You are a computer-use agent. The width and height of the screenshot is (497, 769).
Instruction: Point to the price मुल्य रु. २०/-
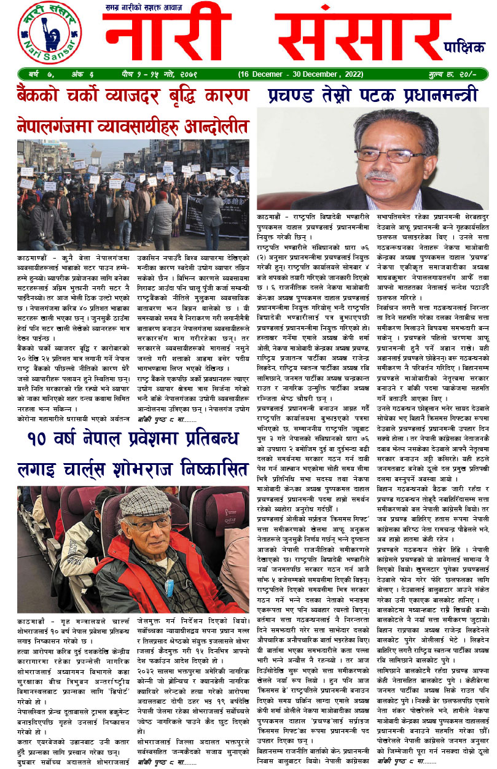pos(464,74)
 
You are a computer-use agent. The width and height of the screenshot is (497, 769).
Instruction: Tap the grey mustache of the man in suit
pos(383,175)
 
